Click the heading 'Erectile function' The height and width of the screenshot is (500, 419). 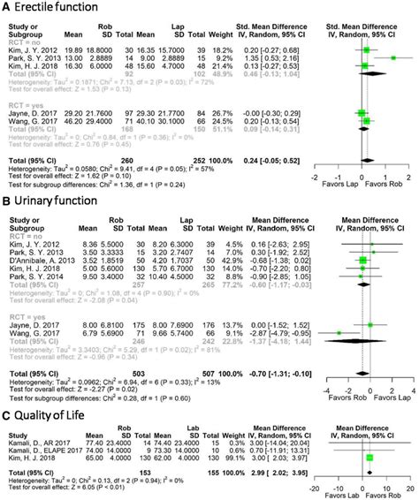pyautogui.click(x=50, y=7)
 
